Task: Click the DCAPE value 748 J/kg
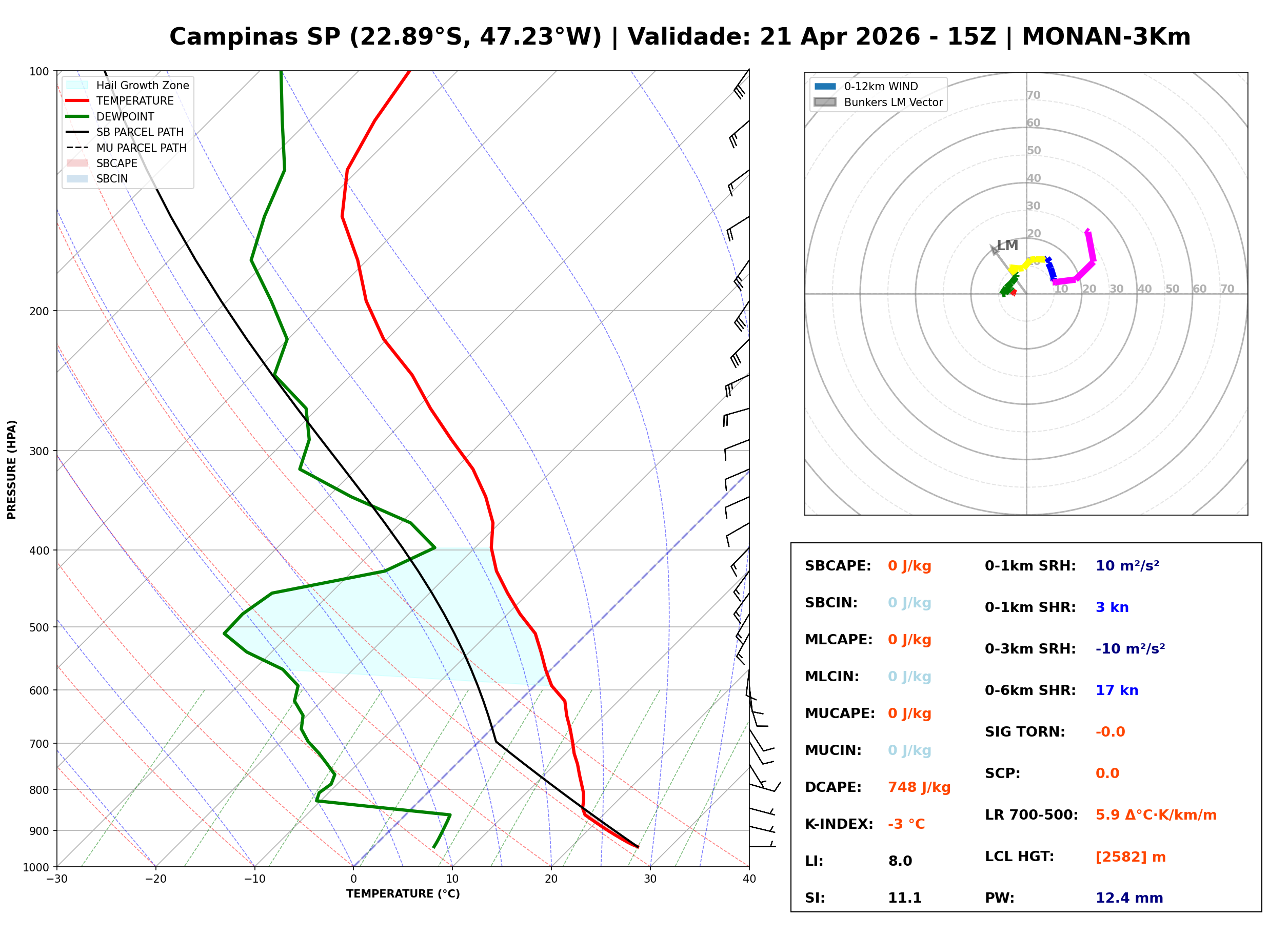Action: click(919, 787)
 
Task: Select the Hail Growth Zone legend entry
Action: click(142, 85)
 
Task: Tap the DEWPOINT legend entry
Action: click(125, 116)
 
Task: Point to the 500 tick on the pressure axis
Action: click(38, 627)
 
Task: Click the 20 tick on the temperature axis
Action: click(551, 879)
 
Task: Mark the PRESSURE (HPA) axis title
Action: click(12, 470)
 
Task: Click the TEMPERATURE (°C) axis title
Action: click(403, 894)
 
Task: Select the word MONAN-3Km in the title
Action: click(1106, 37)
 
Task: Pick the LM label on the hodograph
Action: click(1007, 246)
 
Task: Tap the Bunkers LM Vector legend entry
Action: click(893, 102)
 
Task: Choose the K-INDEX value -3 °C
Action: click(906, 824)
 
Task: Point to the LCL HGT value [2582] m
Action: click(1131, 857)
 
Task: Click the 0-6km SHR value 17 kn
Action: click(1117, 690)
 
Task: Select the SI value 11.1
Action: click(904, 898)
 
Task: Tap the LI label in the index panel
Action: click(814, 861)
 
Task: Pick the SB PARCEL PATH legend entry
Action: click(140, 132)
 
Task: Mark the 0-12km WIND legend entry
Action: click(881, 86)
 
